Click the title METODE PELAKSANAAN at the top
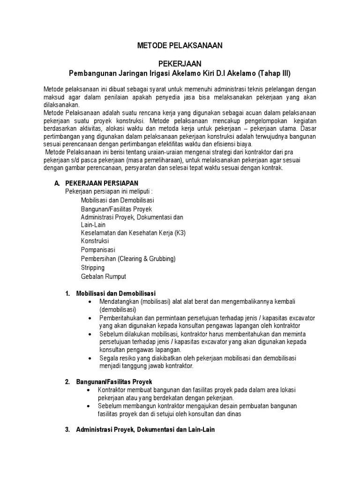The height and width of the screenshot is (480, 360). click(x=180, y=45)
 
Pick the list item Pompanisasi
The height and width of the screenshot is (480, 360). click(x=97, y=249)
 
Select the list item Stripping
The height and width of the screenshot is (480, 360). click(x=92, y=267)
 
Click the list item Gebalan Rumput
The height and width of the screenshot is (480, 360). click(x=103, y=276)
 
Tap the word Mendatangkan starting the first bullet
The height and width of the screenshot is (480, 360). click(x=119, y=301)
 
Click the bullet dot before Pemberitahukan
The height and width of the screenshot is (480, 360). click(x=90, y=318)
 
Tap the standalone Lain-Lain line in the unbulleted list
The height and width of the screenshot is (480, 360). click(x=94, y=225)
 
